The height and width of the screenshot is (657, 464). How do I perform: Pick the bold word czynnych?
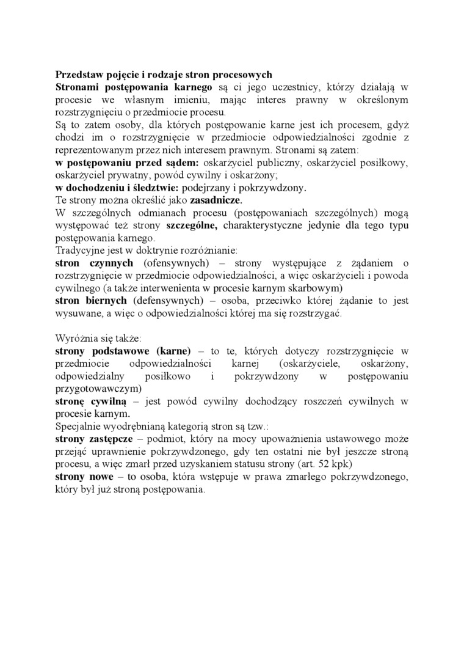coord(111,263)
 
